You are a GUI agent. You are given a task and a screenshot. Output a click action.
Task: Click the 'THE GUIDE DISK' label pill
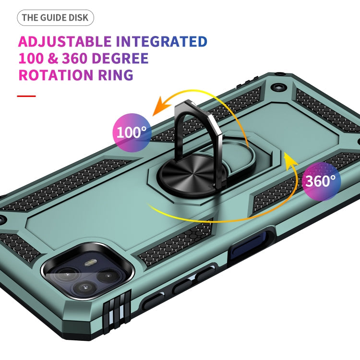(x=56, y=18)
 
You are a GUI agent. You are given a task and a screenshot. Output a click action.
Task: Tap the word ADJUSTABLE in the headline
(x=65, y=41)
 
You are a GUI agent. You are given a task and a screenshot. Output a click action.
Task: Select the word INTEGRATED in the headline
(x=162, y=41)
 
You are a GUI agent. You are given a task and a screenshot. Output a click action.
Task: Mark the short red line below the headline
(x=26, y=96)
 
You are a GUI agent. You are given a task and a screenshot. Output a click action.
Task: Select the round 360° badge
(x=321, y=180)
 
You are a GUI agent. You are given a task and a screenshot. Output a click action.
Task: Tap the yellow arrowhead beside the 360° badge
(x=289, y=160)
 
